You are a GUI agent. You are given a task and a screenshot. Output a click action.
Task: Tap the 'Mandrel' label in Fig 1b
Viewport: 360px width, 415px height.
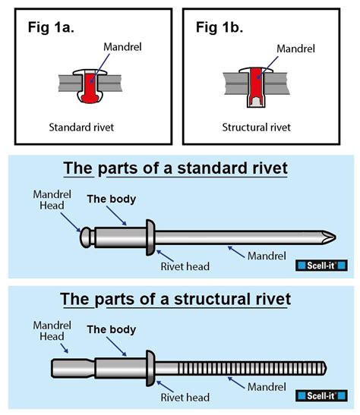tap(295, 48)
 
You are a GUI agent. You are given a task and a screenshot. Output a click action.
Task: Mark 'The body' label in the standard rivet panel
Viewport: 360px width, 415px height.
tap(112, 200)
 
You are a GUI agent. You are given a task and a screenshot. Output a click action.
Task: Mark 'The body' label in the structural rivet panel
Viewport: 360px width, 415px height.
tap(112, 330)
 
